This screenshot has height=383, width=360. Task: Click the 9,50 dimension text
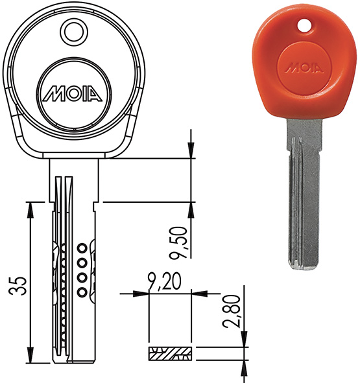point(181,242)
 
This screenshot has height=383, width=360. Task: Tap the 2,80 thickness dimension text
point(231,311)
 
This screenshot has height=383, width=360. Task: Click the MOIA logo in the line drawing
point(73,93)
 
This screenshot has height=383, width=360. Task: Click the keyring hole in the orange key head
point(305,26)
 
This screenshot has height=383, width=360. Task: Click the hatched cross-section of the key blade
point(170,353)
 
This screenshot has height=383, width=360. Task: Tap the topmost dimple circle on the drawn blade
point(82,248)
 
